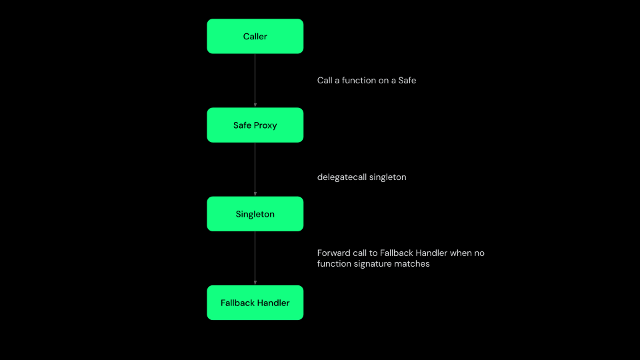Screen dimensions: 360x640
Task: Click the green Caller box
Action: [255, 36]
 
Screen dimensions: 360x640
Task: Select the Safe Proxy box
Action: [255, 125]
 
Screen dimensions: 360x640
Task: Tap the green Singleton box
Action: [255, 214]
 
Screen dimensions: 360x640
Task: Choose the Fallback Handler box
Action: [255, 303]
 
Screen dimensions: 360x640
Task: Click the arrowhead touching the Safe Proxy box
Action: [255, 105]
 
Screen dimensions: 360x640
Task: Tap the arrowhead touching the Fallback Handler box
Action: [255, 283]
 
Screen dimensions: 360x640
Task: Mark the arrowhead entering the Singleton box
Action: [255, 193]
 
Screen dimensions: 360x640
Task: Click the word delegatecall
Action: [341, 177]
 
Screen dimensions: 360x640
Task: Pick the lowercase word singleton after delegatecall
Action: [387, 177]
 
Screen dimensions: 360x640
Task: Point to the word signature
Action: [377, 264]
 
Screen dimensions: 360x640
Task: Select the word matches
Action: [415, 264]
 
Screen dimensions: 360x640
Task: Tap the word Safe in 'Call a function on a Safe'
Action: [407, 81]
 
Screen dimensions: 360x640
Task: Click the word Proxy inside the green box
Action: [265, 125]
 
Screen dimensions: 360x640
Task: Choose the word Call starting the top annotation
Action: [325, 81]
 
